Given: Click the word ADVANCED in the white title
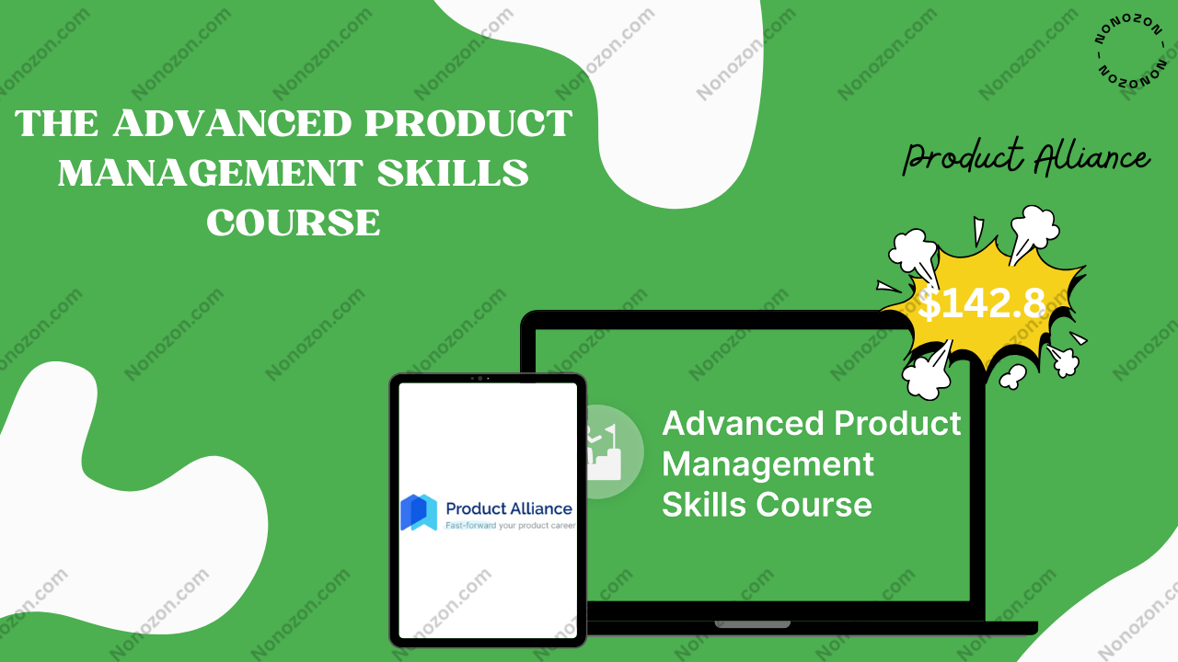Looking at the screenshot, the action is (x=233, y=123).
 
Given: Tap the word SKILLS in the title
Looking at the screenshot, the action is (x=453, y=173).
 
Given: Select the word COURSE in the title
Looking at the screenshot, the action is (x=294, y=223).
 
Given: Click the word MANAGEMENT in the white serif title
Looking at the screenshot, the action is (x=211, y=173).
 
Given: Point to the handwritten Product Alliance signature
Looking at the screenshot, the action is (x=1026, y=157).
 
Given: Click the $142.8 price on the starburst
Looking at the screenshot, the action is (x=981, y=303).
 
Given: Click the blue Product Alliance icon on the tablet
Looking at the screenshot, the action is (x=419, y=512).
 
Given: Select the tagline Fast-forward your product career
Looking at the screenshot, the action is (x=510, y=525).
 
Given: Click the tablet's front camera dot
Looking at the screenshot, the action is (x=479, y=378).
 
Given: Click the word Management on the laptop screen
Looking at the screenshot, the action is (x=768, y=465).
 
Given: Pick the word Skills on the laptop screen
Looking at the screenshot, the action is (x=704, y=505).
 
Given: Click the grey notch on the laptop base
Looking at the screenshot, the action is (x=753, y=624).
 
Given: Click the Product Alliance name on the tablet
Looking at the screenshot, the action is (x=509, y=508).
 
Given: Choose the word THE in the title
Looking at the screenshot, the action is (x=57, y=123).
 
